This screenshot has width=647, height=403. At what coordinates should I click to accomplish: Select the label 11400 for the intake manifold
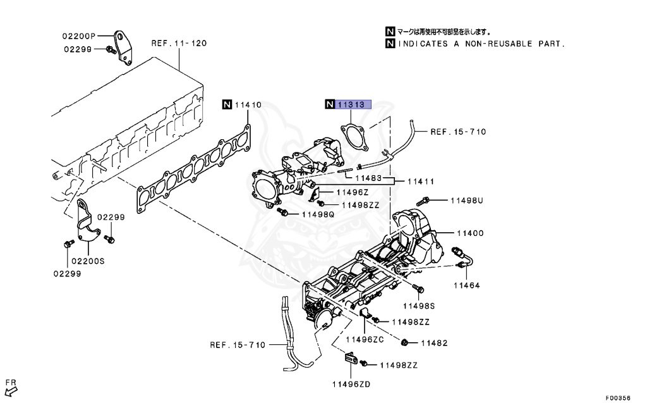[468, 233]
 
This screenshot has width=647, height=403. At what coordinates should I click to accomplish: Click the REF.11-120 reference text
[179, 44]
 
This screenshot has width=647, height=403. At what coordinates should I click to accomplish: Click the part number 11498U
[466, 201]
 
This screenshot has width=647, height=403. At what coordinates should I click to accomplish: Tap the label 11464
[466, 285]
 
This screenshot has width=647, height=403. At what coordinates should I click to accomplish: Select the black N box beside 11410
[227, 105]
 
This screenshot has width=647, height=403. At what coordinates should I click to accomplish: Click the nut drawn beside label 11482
[404, 344]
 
